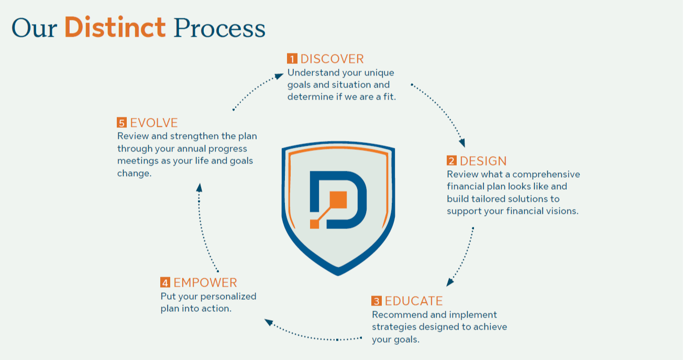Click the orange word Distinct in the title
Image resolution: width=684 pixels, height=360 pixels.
[x=115, y=27]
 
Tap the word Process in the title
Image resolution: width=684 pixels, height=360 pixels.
[x=219, y=29]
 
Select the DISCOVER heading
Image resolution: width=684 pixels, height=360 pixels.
[x=332, y=59]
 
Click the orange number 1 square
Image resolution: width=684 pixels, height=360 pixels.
[x=292, y=59]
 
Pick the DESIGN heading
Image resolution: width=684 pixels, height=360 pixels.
[x=483, y=161]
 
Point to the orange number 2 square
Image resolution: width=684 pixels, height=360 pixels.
[x=451, y=161]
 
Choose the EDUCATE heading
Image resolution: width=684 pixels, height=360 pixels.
[x=413, y=301]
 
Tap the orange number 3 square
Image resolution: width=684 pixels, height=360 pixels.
[x=377, y=301]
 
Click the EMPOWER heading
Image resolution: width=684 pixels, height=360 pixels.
[x=205, y=282]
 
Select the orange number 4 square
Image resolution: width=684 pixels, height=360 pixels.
[x=165, y=282]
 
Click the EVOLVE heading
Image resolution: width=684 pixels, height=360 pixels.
[x=154, y=123]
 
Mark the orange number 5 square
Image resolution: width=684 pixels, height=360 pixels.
[x=122, y=123]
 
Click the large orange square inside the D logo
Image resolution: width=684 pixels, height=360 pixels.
[x=338, y=200]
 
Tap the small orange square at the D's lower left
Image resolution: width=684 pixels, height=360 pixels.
[x=315, y=224]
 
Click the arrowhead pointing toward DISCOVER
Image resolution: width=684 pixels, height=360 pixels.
[x=279, y=76]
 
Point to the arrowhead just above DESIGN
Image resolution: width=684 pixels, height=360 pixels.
[x=462, y=143]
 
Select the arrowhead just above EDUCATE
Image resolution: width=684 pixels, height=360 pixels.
[x=450, y=282]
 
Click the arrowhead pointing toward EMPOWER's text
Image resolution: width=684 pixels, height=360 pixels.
[x=269, y=322]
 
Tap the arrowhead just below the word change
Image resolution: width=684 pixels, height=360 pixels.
[x=200, y=188]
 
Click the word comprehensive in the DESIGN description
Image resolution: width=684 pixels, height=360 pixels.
[x=546, y=174]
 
